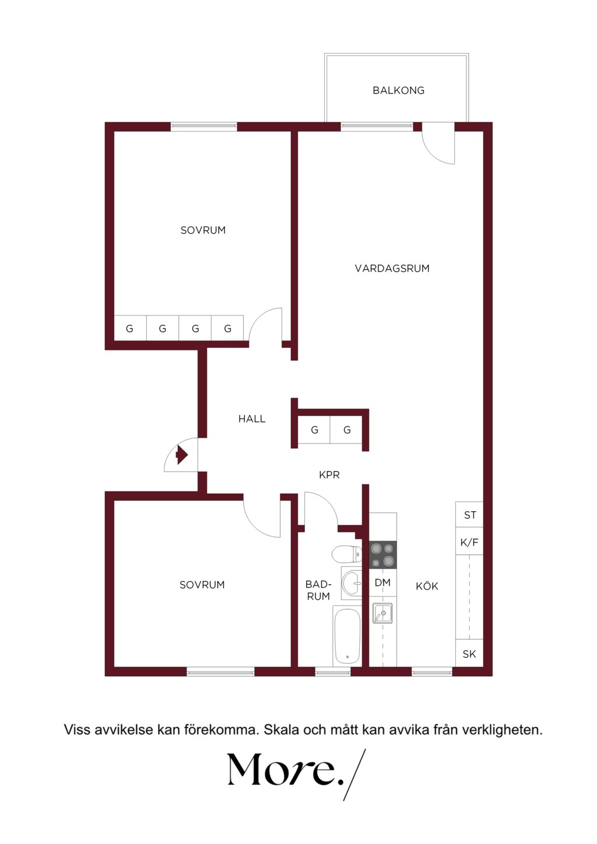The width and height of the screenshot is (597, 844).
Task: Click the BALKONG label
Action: tap(398, 90)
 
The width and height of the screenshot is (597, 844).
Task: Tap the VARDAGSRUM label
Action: tap(392, 269)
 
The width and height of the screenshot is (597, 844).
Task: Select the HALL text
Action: tap(252, 419)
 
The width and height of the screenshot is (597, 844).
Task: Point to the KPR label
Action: tap(329, 474)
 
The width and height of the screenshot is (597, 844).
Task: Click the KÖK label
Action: tap(427, 586)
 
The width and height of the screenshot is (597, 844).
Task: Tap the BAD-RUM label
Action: tap(318, 590)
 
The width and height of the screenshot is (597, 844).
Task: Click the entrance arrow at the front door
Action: tap(182, 455)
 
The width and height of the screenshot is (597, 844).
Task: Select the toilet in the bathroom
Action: tap(347, 554)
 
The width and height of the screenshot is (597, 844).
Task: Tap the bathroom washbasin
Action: tap(352, 583)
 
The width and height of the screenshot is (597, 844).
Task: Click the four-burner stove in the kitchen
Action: tap(382, 555)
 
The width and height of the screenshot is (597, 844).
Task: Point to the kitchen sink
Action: tap(382, 613)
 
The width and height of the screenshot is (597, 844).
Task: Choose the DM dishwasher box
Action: tap(382, 582)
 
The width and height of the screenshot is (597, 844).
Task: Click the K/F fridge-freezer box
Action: tap(469, 542)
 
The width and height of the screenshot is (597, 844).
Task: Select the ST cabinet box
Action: tap(469, 515)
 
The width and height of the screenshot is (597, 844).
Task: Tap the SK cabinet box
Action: tap(469, 654)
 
